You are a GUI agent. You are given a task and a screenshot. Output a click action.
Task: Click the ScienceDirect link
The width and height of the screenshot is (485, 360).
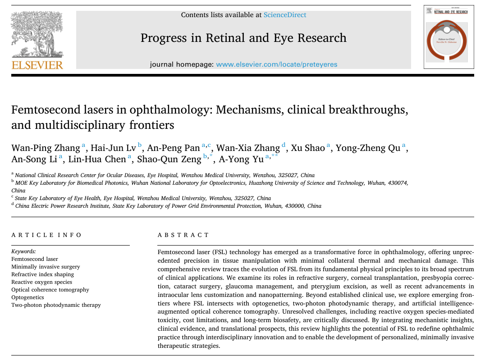tap(285, 15)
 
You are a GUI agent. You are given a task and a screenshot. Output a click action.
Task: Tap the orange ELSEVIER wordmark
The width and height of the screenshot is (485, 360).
tap(37, 65)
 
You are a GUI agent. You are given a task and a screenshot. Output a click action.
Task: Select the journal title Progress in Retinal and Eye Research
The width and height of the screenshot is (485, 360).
tap(243, 37)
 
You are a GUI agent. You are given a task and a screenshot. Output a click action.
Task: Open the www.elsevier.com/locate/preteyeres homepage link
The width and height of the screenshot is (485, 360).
tap(276, 64)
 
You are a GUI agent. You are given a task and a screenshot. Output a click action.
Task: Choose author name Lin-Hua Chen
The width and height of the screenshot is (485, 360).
tap(97, 159)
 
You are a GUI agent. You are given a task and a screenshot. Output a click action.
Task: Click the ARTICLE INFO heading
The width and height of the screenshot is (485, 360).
tap(46, 235)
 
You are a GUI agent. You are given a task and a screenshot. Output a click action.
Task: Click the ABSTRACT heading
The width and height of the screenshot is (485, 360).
tap(183, 235)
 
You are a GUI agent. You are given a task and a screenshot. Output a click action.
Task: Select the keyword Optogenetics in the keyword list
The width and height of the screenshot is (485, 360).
tap(28, 297)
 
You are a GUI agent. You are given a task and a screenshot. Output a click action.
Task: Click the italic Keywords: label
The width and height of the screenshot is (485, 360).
tap(23, 251)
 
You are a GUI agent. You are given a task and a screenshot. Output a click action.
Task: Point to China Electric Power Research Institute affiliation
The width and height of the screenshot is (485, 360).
tap(63, 206)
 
